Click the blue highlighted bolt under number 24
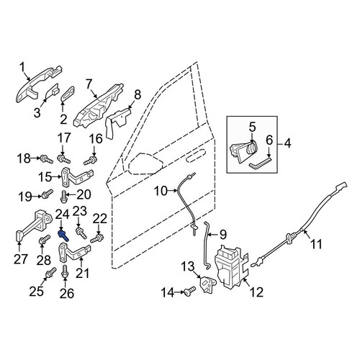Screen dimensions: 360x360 (x=63, y=235)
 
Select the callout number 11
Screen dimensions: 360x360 (x=316, y=244)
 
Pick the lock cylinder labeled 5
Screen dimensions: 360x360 (x=243, y=150)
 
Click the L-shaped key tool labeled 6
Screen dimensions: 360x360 (x=260, y=162)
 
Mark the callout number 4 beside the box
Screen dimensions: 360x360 (x=287, y=144)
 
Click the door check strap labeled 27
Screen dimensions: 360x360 (x=33, y=226)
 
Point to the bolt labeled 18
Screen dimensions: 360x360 (x=47, y=159)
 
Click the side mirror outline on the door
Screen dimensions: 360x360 (x=146, y=163)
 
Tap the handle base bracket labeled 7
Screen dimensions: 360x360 (x=99, y=106)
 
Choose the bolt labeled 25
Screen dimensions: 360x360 (x=50, y=273)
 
